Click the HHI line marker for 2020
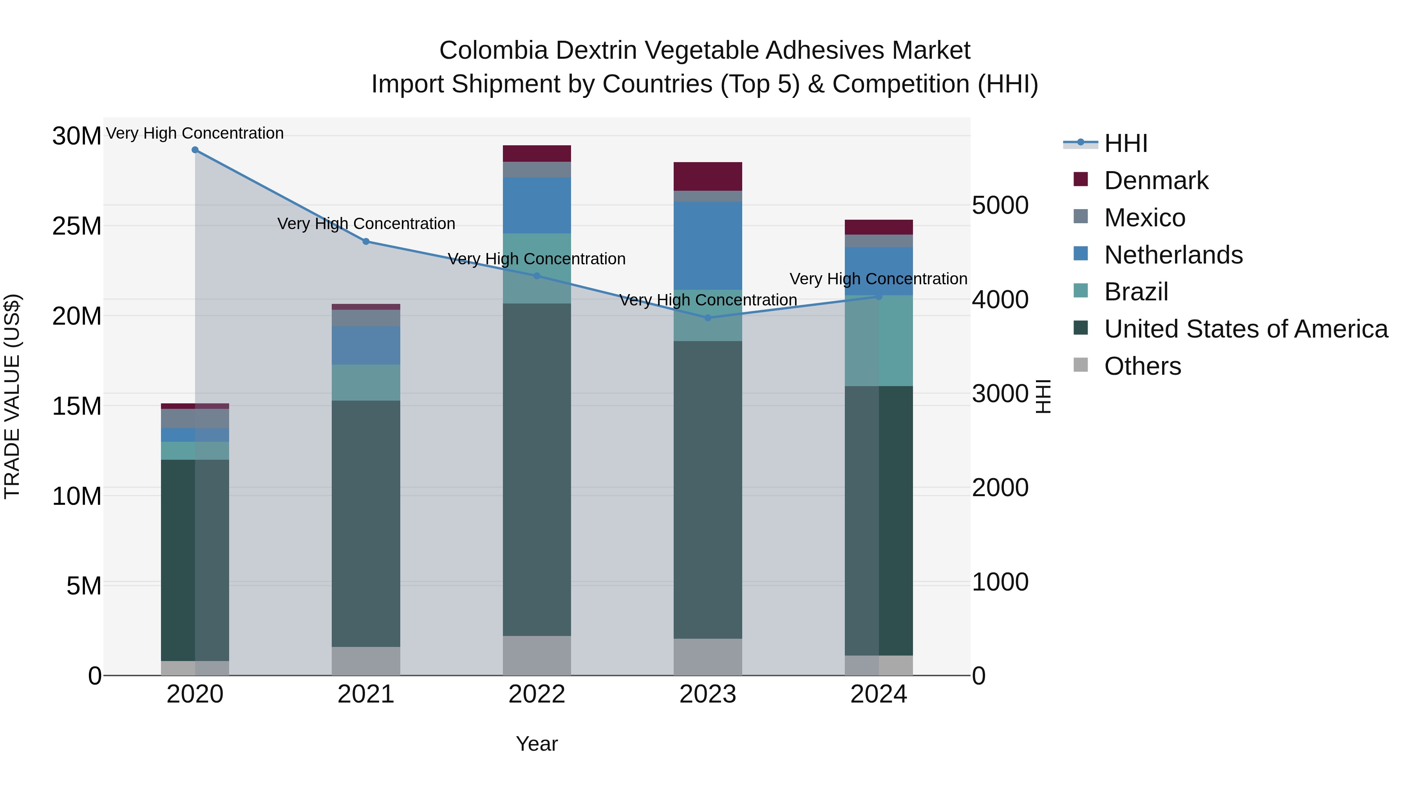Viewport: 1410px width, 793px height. point(195,150)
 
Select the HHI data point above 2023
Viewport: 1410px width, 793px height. point(707,318)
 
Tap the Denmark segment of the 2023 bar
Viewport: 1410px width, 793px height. point(707,176)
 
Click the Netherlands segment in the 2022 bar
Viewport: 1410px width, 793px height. point(537,205)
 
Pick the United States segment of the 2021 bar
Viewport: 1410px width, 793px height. point(366,523)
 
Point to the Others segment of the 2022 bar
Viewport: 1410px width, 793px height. point(537,655)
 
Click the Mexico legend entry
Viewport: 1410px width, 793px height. point(1144,218)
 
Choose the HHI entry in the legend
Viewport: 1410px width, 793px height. point(1125,143)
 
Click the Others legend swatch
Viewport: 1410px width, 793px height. point(1081,365)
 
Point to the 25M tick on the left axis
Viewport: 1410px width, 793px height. point(77,226)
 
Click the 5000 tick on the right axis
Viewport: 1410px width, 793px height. point(1000,206)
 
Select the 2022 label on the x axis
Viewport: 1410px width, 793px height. point(537,694)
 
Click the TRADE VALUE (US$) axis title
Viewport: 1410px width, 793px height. point(13,396)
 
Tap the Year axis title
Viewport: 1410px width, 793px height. point(537,744)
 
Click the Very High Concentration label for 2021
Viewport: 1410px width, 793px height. point(366,224)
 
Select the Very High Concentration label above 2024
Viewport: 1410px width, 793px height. point(878,279)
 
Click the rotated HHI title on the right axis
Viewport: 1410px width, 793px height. point(1043,396)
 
